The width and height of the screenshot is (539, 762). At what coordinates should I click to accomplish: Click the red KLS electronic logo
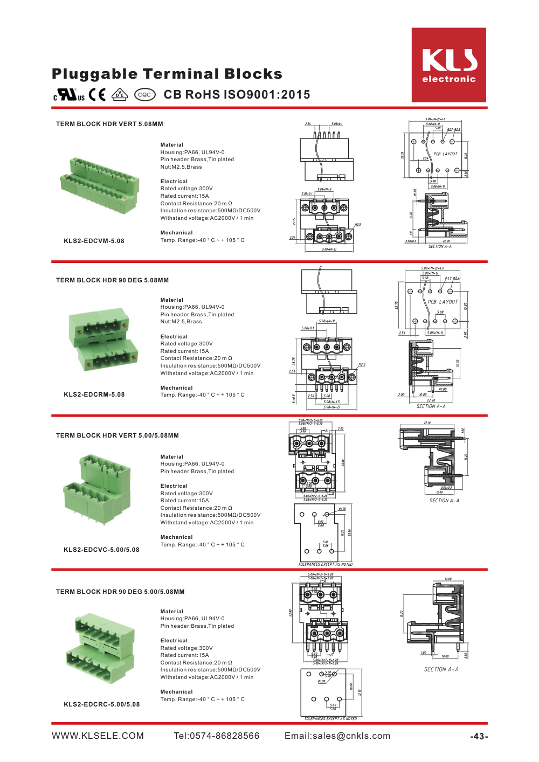click(448, 65)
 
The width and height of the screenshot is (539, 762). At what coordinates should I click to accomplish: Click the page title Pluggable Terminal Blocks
click(167, 74)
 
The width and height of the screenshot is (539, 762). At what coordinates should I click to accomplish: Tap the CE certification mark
click(98, 95)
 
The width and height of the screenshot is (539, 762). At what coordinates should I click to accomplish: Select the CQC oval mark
click(144, 95)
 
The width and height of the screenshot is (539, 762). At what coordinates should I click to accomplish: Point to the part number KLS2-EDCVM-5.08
click(94, 241)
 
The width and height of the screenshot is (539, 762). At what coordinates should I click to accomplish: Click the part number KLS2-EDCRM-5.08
click(94, 394)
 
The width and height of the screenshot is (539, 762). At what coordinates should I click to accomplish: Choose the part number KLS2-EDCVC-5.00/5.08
click(101, 550)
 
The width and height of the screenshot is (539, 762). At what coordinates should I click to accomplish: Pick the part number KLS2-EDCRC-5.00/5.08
click(101, 704)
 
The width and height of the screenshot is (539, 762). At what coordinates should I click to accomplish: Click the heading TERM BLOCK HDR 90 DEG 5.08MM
click(112, 280)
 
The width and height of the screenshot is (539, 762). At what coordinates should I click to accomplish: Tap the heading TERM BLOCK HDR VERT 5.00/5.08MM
click(118, 435)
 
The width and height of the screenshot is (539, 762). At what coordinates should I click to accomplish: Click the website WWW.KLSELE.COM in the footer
click(98, 736)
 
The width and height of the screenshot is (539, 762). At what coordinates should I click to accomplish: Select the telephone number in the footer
click(217, 736)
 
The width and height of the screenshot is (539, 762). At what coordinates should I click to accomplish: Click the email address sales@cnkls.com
click(337, 736)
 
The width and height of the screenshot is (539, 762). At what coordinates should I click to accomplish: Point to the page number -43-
click(479, 737)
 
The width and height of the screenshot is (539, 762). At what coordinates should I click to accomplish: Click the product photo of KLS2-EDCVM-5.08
click(98, 185)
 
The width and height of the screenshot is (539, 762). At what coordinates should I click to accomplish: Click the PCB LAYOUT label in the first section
click(445, 154)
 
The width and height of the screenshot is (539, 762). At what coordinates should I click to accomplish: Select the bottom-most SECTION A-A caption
click(441, 669)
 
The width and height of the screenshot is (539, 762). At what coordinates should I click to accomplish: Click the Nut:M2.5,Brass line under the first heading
click(181, 167)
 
